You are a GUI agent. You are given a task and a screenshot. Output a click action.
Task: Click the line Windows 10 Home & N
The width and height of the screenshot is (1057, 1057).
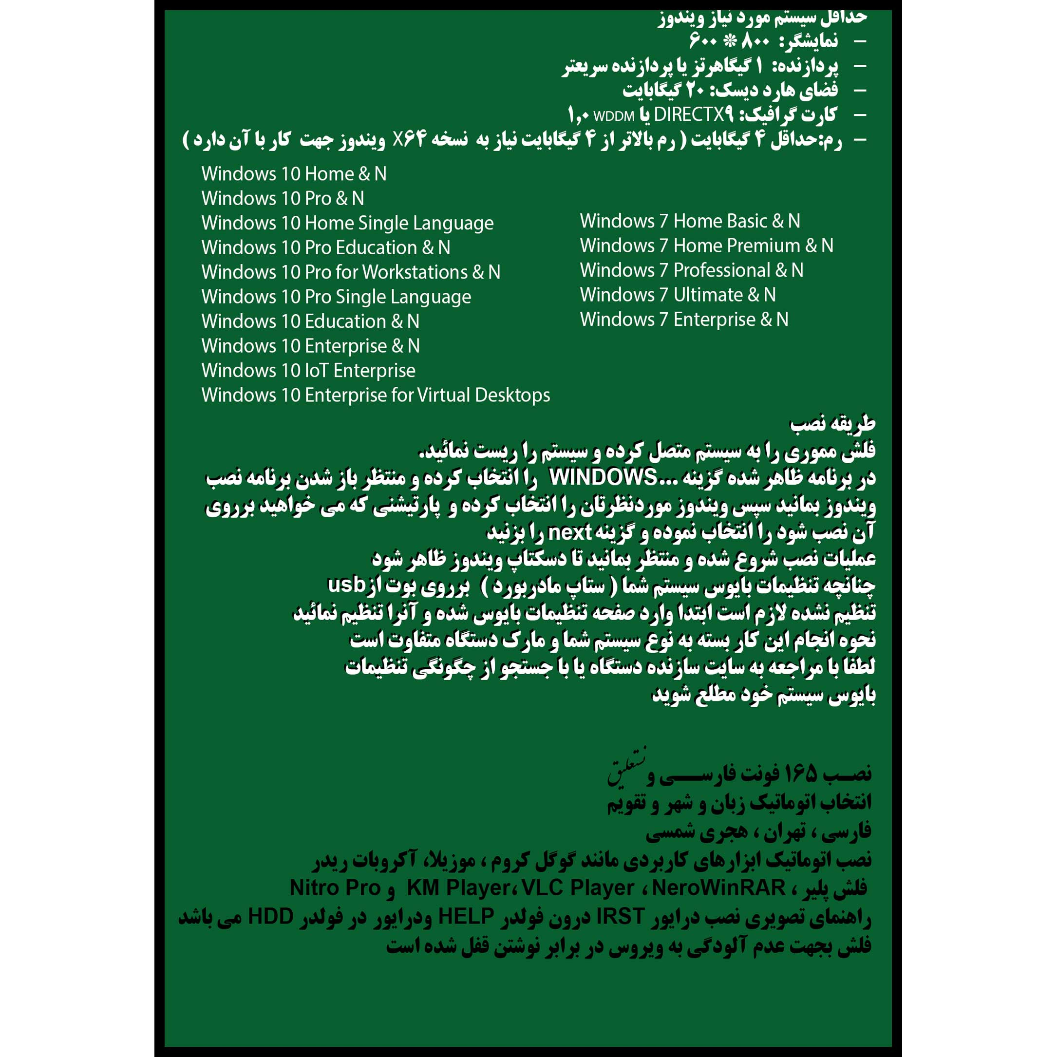pos(294,174)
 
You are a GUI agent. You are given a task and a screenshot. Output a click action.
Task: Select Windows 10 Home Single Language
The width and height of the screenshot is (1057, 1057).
pos(347,223)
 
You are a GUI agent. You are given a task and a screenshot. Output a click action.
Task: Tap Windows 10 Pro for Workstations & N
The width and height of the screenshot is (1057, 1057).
pos(351,272)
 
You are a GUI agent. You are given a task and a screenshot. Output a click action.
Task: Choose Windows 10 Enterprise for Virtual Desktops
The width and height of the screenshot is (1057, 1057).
pos(376,396)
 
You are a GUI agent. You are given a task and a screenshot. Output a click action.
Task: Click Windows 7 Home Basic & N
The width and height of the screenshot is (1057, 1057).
pos(690,221)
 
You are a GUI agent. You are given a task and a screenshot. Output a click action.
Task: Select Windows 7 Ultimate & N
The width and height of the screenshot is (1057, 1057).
pos(678,295)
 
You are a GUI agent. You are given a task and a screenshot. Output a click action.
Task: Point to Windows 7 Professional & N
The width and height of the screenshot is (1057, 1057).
pos(692,270)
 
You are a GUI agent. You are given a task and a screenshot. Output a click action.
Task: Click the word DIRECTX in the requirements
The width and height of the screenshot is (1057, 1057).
pos(689,114)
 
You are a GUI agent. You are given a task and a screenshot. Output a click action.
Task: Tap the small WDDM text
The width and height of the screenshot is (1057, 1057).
pos(614,116)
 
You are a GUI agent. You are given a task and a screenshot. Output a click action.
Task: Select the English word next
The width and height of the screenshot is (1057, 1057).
pos(569,532)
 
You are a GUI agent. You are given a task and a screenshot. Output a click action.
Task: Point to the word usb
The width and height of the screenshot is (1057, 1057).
pos(346,585)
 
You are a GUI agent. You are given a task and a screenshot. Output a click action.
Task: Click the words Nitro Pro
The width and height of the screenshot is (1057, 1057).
pos(335,888)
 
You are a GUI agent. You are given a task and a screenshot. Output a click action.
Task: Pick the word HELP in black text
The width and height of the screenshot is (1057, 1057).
pos(466,916)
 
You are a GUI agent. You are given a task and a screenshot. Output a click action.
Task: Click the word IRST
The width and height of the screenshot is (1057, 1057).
pos(620,916)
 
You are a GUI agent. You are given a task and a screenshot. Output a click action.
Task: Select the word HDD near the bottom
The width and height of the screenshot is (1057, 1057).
pos(270,916)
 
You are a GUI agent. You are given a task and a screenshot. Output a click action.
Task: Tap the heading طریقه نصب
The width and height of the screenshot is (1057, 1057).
pos(832,423)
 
